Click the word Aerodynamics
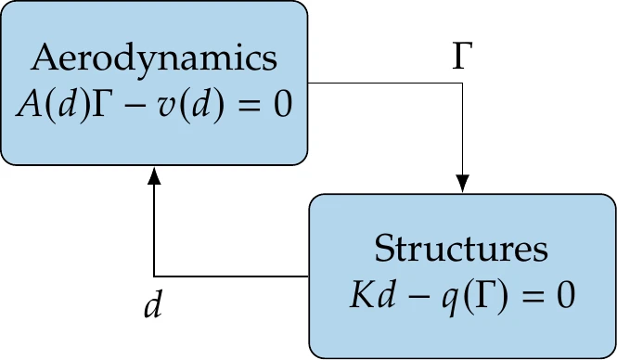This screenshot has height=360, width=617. point(154,58)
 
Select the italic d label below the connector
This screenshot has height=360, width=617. point(154,305)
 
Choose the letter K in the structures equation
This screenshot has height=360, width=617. point(360,296)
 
